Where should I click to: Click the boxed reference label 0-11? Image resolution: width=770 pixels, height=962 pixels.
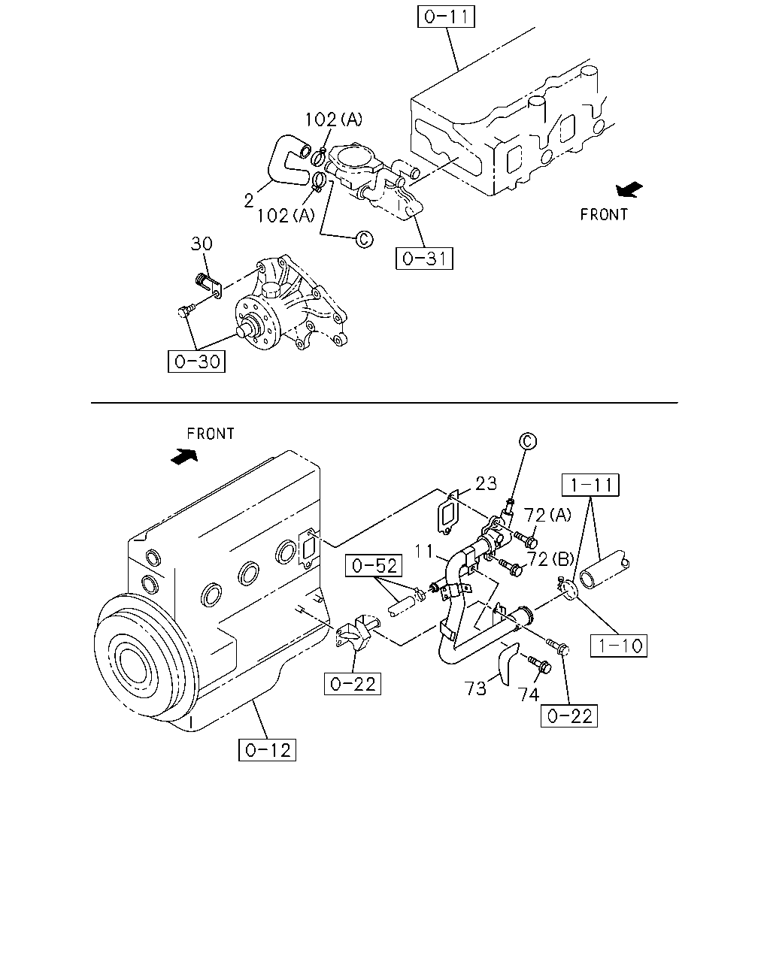(x=446, y=17)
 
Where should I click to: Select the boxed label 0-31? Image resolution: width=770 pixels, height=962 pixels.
(x=424, y=259)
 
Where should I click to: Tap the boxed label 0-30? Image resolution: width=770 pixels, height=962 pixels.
(x=196, y=362)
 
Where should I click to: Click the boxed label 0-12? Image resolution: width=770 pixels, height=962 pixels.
(x=267, y=749)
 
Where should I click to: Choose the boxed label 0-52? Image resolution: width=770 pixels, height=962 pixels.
(x=374, y=565)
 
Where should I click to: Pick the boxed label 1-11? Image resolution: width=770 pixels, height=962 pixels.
(x=590, y=485)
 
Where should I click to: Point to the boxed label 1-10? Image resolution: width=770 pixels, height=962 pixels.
(x=619, y=646)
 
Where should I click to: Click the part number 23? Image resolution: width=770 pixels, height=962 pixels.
(x=486, y=483)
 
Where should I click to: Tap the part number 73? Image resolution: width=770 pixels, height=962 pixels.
(x=475, y=688)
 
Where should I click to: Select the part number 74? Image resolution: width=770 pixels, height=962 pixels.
(x=529, y=694)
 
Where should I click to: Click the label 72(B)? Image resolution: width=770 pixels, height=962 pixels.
(x=550, y=559)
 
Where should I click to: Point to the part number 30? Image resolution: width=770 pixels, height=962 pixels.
(x=202, y=244)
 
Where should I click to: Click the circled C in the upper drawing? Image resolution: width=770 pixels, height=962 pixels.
(x=364, y=239)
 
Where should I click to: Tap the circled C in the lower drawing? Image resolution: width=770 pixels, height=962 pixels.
(x=528, y=441)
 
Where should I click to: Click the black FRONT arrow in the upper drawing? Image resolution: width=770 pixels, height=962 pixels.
(x=629, y=189)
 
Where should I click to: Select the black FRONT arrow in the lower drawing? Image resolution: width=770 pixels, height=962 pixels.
(x=184, y=456)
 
